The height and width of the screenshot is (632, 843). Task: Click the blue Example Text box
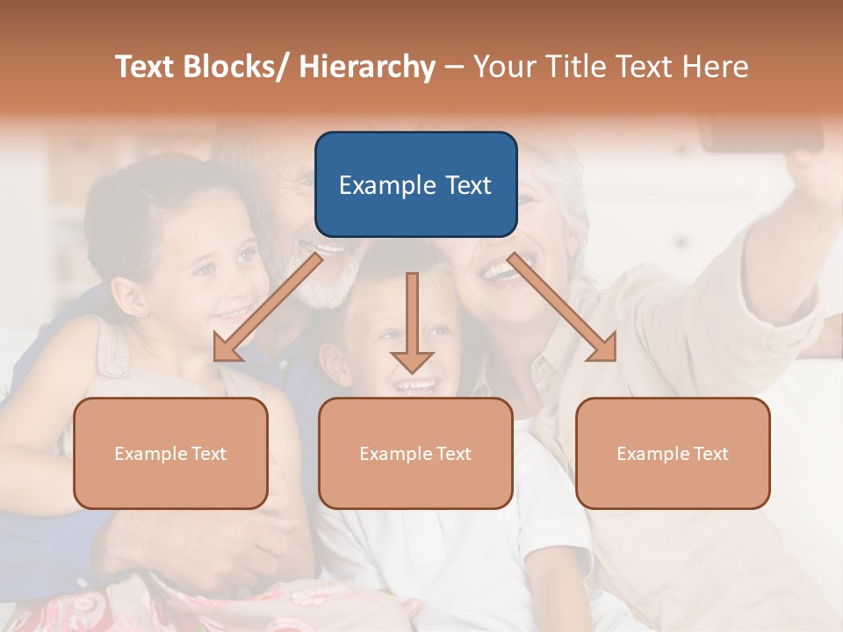click(x=415, y=184)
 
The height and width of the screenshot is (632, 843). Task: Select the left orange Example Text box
click(x=170, y=453)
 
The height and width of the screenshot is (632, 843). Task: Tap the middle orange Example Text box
click(x=414, y=453)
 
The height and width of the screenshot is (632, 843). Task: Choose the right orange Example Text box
click(x=673, y=453)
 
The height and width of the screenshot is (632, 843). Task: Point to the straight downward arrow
click(x=412, y=321)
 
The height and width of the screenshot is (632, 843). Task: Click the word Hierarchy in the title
click(x=367, y=67)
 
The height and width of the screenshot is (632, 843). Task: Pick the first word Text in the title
click(x=144, y=67)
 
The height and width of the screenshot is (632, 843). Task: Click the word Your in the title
click(x=504, y=67)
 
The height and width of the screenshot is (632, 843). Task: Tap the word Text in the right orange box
click(x=710, y=454)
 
